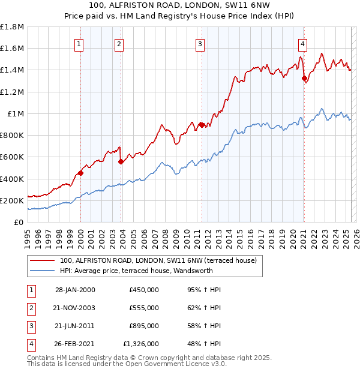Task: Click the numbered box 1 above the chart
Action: tap(80, 43)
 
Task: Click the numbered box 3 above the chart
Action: tap(200, 43)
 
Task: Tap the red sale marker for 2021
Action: tap(304, 78)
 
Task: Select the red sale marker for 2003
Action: tap(121, 161)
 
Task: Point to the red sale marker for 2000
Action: tap(80, 173)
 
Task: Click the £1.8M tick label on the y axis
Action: tap(13, 27)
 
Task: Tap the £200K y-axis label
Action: tap(12, 200)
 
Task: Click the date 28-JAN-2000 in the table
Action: tap(74, 290)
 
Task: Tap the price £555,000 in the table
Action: tap(143, 308)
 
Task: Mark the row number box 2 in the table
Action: tap(29, 308)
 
